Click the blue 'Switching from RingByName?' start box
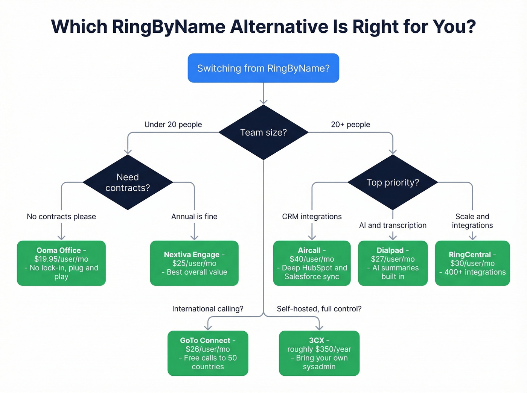click(x=263, y=68)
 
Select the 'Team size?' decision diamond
click(x=263, y=132)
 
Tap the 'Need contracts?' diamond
click(x=128, y=182)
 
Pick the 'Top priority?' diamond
click(x=393, y=182)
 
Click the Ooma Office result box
click(x=61, y=263)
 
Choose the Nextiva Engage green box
click(x=194, y=263)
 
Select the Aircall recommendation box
click(x=312, y=263)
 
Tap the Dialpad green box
click(x=393, y=263)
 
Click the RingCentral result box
click(x=472, y=263)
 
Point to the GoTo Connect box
click(x=208, y=353)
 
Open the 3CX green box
click(x=319, y=353)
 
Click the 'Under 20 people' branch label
click(x=173, y=124)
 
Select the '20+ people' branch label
click(x=350, y=124)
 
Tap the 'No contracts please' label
click(x=61, y=217)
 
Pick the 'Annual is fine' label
click(x=194, y=217)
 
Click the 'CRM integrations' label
click(x=312, y=217)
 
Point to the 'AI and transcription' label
click(x=393, y=225)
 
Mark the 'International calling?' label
click(x=208, y=309)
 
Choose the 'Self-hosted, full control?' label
click(x=319, y=309)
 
